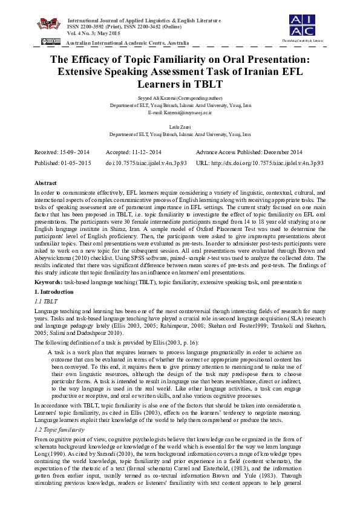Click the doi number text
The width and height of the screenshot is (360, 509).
(x=146, y=163)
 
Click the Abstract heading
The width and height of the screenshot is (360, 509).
(x=45, y=183)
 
